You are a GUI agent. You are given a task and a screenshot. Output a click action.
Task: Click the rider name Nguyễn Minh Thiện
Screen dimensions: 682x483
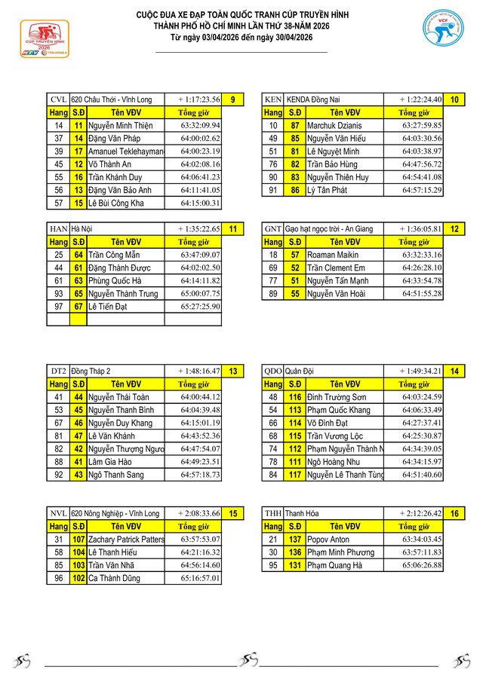(120, 125)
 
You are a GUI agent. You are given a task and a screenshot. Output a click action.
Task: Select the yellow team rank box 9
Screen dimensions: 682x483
(233, 99)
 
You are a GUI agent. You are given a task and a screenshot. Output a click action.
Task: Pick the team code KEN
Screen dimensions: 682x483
(272, 99)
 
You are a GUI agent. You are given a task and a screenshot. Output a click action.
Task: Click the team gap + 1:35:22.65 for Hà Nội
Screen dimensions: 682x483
(199, 229)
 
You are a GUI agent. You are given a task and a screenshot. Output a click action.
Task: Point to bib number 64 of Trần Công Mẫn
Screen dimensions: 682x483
(78, 255)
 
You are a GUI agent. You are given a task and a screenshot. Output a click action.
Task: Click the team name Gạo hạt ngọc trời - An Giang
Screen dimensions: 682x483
(332, 229)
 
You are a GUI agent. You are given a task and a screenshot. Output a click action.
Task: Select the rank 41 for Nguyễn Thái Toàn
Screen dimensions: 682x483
(58, 397)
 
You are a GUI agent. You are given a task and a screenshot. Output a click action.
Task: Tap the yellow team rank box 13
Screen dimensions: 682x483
(233, 372)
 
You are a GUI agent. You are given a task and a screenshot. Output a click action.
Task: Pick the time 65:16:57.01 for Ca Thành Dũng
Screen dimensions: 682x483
(200, 578)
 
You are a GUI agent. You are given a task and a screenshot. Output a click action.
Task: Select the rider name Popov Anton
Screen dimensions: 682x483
(328, 540)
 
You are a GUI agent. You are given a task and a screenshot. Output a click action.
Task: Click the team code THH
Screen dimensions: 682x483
(272, 514)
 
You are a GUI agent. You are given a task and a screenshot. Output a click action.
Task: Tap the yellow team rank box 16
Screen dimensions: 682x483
(454, 514)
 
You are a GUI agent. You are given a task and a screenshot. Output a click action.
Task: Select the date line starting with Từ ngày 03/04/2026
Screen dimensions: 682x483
(241, 37)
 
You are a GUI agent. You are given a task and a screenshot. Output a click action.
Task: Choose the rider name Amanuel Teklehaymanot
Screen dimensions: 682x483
(125, 151)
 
